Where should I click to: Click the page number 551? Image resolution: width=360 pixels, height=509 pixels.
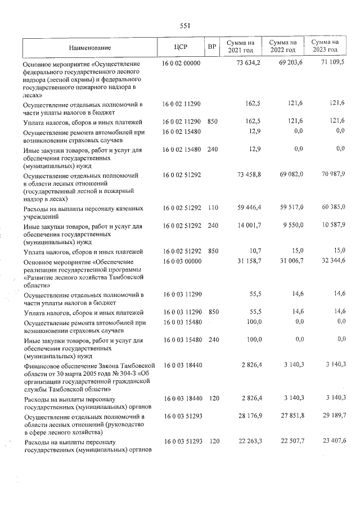(x=185, y=25)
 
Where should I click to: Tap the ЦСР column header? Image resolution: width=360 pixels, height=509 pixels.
(x=181, y=47)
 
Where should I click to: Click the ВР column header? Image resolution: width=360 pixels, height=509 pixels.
(x=211, y=47)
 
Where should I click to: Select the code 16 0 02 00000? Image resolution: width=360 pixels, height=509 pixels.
(x=181, y=64)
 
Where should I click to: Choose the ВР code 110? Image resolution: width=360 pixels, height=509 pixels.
(x=213, y=208)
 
